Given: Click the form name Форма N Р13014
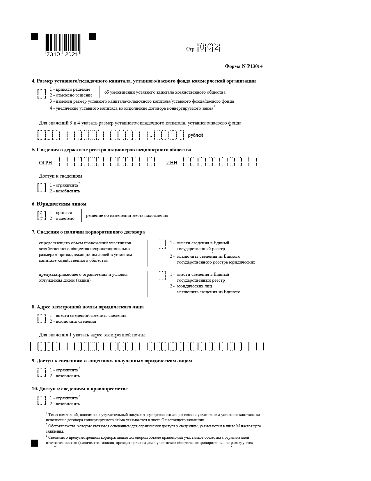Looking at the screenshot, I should pyautogui.click(x=244, y=66).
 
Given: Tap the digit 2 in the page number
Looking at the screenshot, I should pyautogui.click(x=216, y=47).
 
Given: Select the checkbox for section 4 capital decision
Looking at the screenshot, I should pyautogui.click(x=42, y=94).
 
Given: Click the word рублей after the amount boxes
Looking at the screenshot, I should pyautogui.click(x=195, y=135).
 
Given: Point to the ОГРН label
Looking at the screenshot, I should pyautogui.click(x=45, y=163).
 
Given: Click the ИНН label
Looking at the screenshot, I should pyautogui.click(x=172, y=163).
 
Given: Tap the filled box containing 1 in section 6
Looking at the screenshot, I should pyautogui.click(x=42, y=215).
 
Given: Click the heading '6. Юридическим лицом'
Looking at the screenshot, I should pyautogui.click(x=59, y=204).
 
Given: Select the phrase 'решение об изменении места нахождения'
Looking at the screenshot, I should pyautogui.click(x=127, y=215).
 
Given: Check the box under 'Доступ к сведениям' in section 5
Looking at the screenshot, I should pyautogui.click(x=42, y=187).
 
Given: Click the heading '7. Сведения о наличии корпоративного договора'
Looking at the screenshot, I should pyautogui.click(x=88, y=232).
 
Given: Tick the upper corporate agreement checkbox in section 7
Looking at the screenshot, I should pyautogui.click(x=161, y=244).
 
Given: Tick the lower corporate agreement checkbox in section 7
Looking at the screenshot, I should pyautogui.click(x=161, y=275).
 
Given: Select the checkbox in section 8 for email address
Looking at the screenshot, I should pyautogui.click(x=42, y=318).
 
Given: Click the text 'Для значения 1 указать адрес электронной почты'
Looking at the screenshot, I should pyautogui.click(x=92, y=335).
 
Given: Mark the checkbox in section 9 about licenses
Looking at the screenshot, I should pyautogui.click(x=42, y=373).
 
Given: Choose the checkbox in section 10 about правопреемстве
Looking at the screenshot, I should pyautogui.click(x=42, y=401).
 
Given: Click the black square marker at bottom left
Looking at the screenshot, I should pyautogui.click(x=35, y=443).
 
